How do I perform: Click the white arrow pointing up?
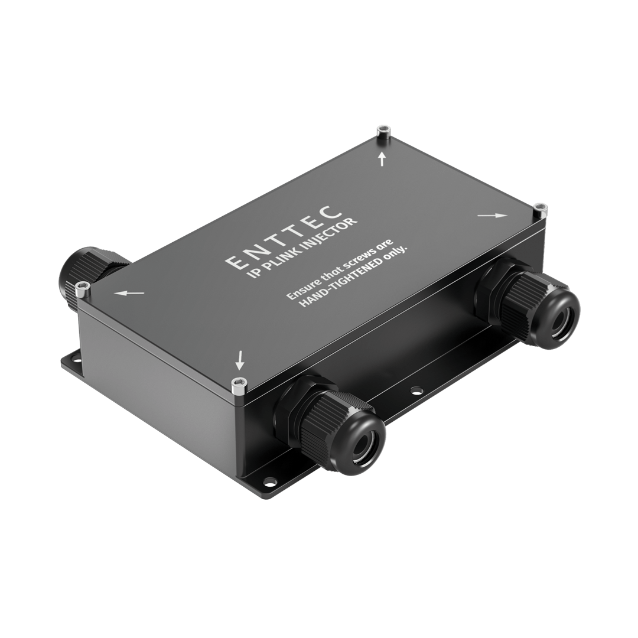(x=382, y=158)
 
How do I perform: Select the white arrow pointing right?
(x=492, y=216)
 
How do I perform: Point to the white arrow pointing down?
(x=239, y=358)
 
